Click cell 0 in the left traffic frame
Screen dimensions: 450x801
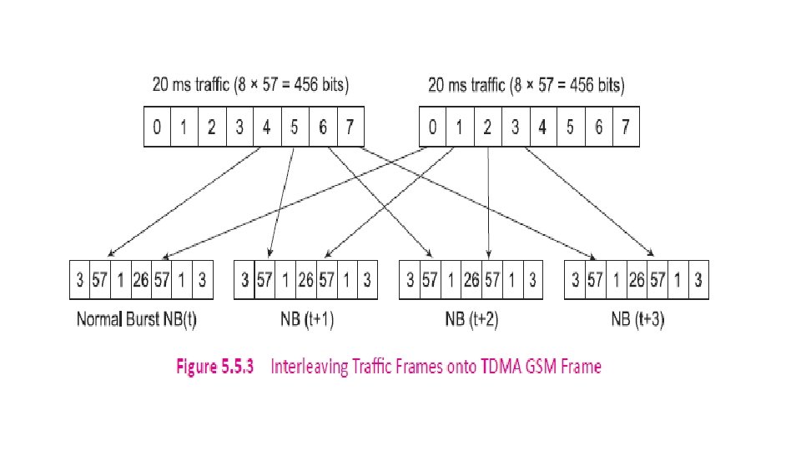(157, 127)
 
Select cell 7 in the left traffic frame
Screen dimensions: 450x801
(350, 127)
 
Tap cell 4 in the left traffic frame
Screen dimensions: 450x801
(266, 127)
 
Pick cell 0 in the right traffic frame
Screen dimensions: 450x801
(431, 127)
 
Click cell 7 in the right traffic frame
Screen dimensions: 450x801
(625, 127)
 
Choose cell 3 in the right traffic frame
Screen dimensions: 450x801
(515, 127)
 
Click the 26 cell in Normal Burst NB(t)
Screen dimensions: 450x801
(140, 280)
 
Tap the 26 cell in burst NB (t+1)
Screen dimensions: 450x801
(305, 280)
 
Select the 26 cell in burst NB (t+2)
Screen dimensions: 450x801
(471, 280)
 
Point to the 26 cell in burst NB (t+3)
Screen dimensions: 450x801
(636, 280)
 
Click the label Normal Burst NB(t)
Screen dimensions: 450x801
(137, 319)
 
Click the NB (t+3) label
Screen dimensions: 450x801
(637, 319)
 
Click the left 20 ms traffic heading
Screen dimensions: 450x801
(250, 84)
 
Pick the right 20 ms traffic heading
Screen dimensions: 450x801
(526, 84)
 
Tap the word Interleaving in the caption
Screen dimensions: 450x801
(311, 367)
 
